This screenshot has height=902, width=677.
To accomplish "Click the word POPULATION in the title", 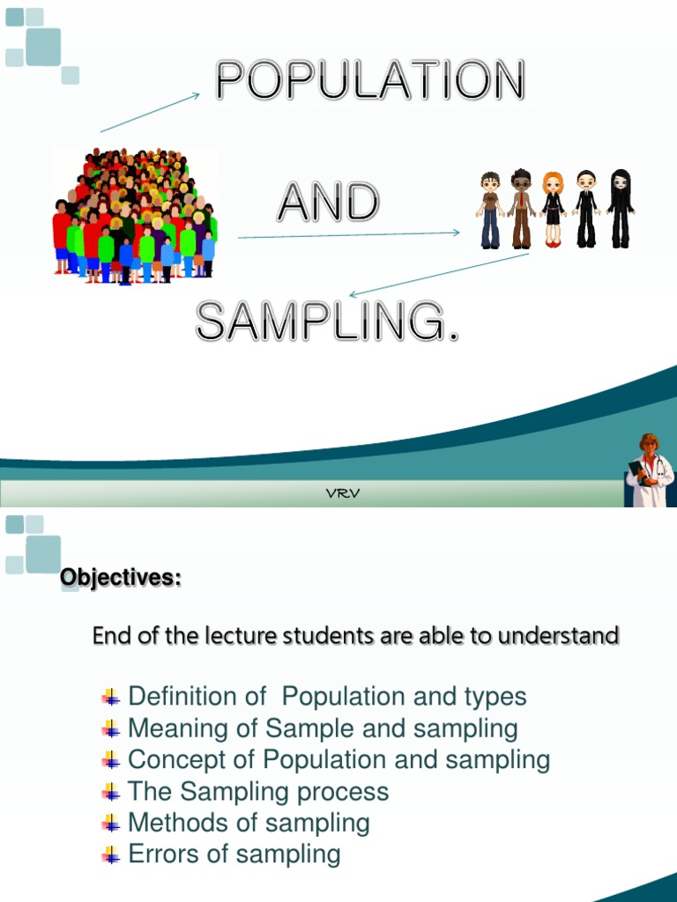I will coord(370,81).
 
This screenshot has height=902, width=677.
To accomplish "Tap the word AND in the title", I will coord(328,203).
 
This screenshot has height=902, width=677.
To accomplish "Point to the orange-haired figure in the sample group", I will coord(553,210).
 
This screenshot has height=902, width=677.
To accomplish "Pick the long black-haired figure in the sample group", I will coord(621,208).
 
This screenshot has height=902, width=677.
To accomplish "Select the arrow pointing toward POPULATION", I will coord(151,113).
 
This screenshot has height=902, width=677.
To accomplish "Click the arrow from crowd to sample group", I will coord(349,234).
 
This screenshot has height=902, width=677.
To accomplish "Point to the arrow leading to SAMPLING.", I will coord(439,275).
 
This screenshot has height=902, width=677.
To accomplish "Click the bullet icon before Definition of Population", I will coord(111,698).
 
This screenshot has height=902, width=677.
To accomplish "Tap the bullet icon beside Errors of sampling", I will coord(111,854).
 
